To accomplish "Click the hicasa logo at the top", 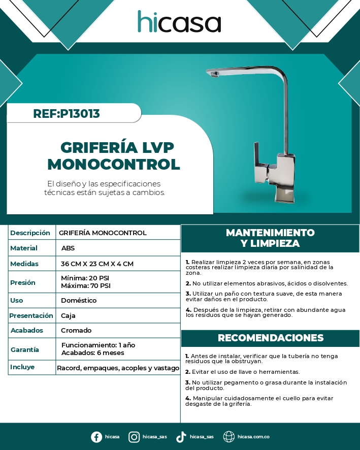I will pyautogui.click(x=179, y=22).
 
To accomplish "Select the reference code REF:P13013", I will pyautogui.click(x=66, y=114).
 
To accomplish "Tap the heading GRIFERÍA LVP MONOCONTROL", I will pyautogui.click(x=114, y=156).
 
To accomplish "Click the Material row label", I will pyautogui.click(x=24, y=248).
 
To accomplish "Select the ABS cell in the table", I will pyautogui.click(x=68, y=248).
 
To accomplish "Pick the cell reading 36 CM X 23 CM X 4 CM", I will pyautogui.click(x=97, y=264).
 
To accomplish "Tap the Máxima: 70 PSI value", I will pyautogui.click(x=85, y=285).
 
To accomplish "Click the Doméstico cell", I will pyautogui.click(x=79, y=301).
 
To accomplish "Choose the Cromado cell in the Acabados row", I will pyautogui.click(x=76, y=331).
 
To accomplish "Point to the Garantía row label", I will pyautogui.click(x=25, y=349).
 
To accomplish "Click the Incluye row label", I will pyautogui.click(x=22, y=367).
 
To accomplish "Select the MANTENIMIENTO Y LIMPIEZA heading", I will pyautogui.click(x=270, y=238).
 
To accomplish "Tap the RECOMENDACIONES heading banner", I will pyautogui.click(x=270, y=338).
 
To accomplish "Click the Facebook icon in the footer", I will pyautogui.click(x=96, y=437).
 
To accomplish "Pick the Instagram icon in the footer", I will pyautogui.click(x=134, y=437).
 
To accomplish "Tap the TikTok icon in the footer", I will pyautogui.click(x=181, y=437).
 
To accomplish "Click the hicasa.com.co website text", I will pyautogui.click(x=253, y=437).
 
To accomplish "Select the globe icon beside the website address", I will pyautogui.click(x=229, y=437).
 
